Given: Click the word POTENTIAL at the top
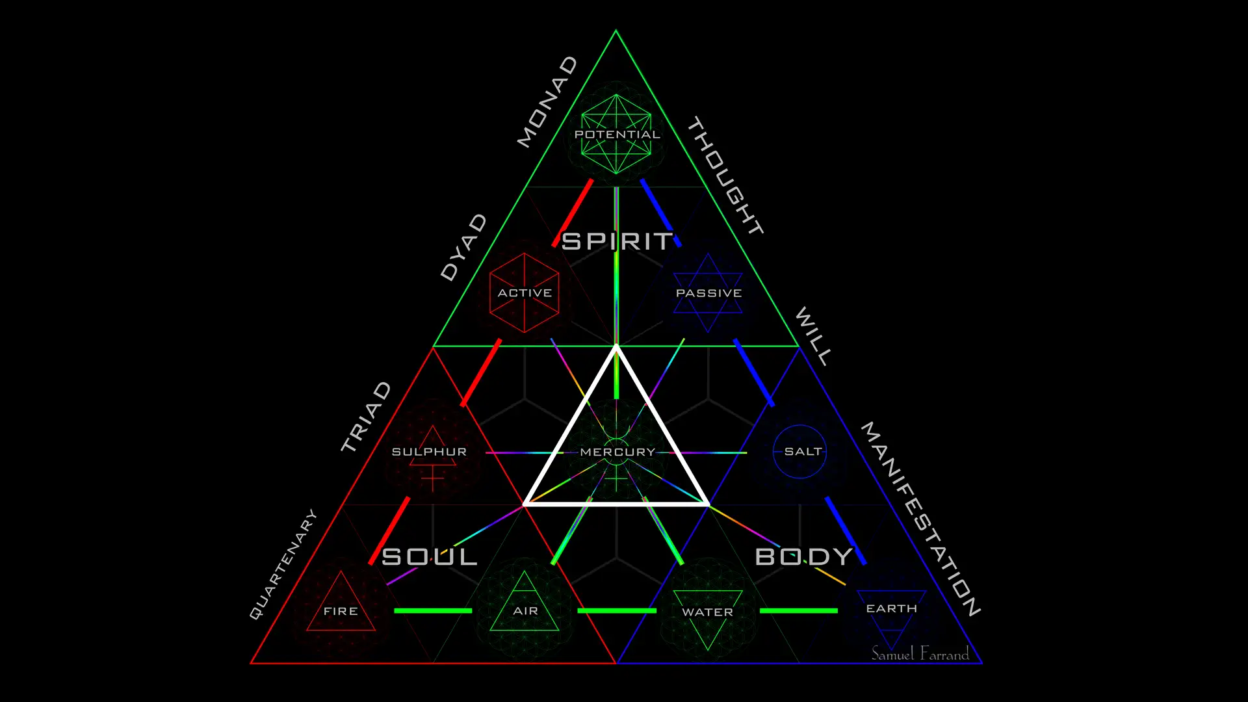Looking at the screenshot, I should click(x=617, y=135).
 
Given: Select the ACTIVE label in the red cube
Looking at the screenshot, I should click(x=525, y=293).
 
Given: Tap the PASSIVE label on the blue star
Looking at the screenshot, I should click(x=708, y=293).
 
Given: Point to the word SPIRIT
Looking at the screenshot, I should click(x=617, y=242).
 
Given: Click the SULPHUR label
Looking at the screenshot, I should click(x=429, y=452).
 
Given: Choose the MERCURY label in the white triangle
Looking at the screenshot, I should click(x=617, y=452).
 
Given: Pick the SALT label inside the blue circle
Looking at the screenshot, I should click(x=803, y=451).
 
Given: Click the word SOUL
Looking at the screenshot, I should click(x=429, y=557).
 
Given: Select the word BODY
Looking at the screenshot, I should click(x=803, y=557).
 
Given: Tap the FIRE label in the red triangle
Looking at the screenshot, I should click(x=341, y=611).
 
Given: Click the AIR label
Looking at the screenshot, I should click(x=525, y=611).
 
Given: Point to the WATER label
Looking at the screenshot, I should click(x=707, y=612).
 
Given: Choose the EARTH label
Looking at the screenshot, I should click(x=891, y=608).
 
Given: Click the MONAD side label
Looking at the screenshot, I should click(x=547, y=102).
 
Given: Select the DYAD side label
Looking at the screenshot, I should click(x=463, y=247).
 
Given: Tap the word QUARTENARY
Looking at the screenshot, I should click(x=283, y=564).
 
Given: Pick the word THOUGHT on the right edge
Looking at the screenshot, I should click(x=725, y=175).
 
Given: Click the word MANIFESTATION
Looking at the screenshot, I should click(x=920, y=519).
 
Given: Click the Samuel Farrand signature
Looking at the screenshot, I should click(x=920, y=653).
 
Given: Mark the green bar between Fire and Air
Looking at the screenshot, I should click(x=433, y=610).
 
